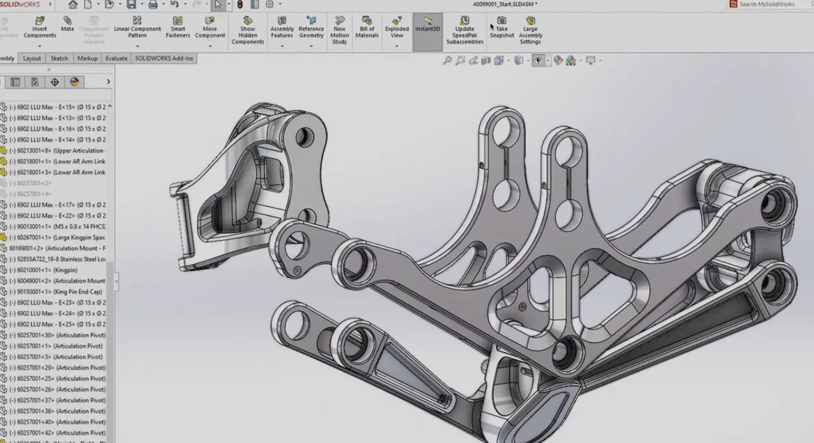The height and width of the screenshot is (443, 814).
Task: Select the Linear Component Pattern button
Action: (x=137, y=28)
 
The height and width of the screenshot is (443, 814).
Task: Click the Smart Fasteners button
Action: (x=178, y=28)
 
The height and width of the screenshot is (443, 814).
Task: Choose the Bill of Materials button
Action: (x=367, y=28)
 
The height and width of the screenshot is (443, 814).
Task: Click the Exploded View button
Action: (x=397, y=28)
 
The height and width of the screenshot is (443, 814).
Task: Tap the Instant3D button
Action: (x=427, y=28)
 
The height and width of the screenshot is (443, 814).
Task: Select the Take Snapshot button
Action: (x=501, y=28)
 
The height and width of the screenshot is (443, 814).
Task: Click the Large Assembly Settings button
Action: (x=530, y=31)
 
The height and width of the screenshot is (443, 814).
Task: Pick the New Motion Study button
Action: (x=339, y=31)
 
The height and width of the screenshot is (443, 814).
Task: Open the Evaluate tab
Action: (x=116, y=59)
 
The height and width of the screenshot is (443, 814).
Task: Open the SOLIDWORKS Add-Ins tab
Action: (x=164, y=59)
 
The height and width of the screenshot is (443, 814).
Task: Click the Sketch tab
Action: (x=59, y=59)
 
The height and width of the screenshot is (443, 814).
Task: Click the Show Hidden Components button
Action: (x=247, y=31)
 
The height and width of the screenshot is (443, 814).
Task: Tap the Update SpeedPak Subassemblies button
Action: (x=464, y=31)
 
